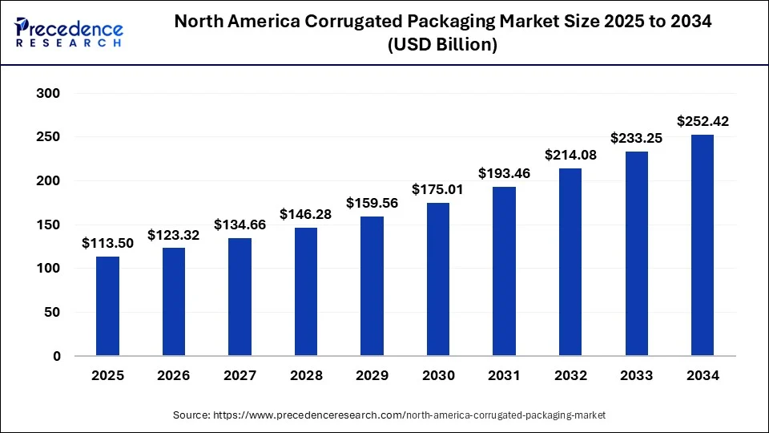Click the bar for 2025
point(107,306)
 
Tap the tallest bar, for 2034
point(703,245)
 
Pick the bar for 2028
point(306,292)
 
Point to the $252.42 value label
point(703,122)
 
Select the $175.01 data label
point(438,190)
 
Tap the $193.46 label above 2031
point(504,173)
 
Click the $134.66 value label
point(240,225)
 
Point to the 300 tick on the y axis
point(49,94)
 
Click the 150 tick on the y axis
point(49,225)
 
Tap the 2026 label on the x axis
point(174,375)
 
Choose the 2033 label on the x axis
point(636,375)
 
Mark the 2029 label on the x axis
point(372,375)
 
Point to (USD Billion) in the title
point(442,46)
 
